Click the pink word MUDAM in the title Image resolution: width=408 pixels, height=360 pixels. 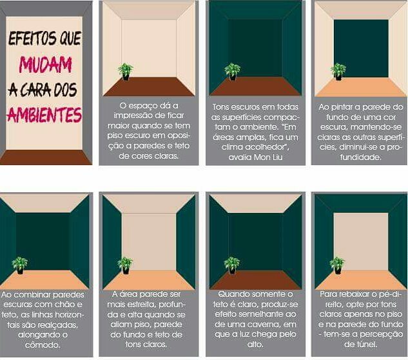tap(45, 65)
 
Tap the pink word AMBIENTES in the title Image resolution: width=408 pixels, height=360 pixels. tap(44, 115)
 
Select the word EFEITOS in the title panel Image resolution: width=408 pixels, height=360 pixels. tap(32, 38)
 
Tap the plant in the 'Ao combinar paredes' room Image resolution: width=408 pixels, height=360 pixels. tap(20, 265)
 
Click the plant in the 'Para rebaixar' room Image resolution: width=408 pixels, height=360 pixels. tap(338, 265)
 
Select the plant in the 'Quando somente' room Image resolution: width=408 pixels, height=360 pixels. tap(232, 265)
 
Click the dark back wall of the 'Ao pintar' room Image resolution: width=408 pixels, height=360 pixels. tap(361, 48)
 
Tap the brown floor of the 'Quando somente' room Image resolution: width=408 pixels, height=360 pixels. tap(255, 280)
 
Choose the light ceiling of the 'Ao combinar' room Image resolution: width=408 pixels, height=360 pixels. tap(44, 203)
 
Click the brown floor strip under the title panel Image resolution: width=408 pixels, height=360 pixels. tap(46, 157)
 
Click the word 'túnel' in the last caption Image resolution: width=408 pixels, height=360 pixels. tap(368, 345)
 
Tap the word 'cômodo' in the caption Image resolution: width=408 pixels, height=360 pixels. tap(43, 345)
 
